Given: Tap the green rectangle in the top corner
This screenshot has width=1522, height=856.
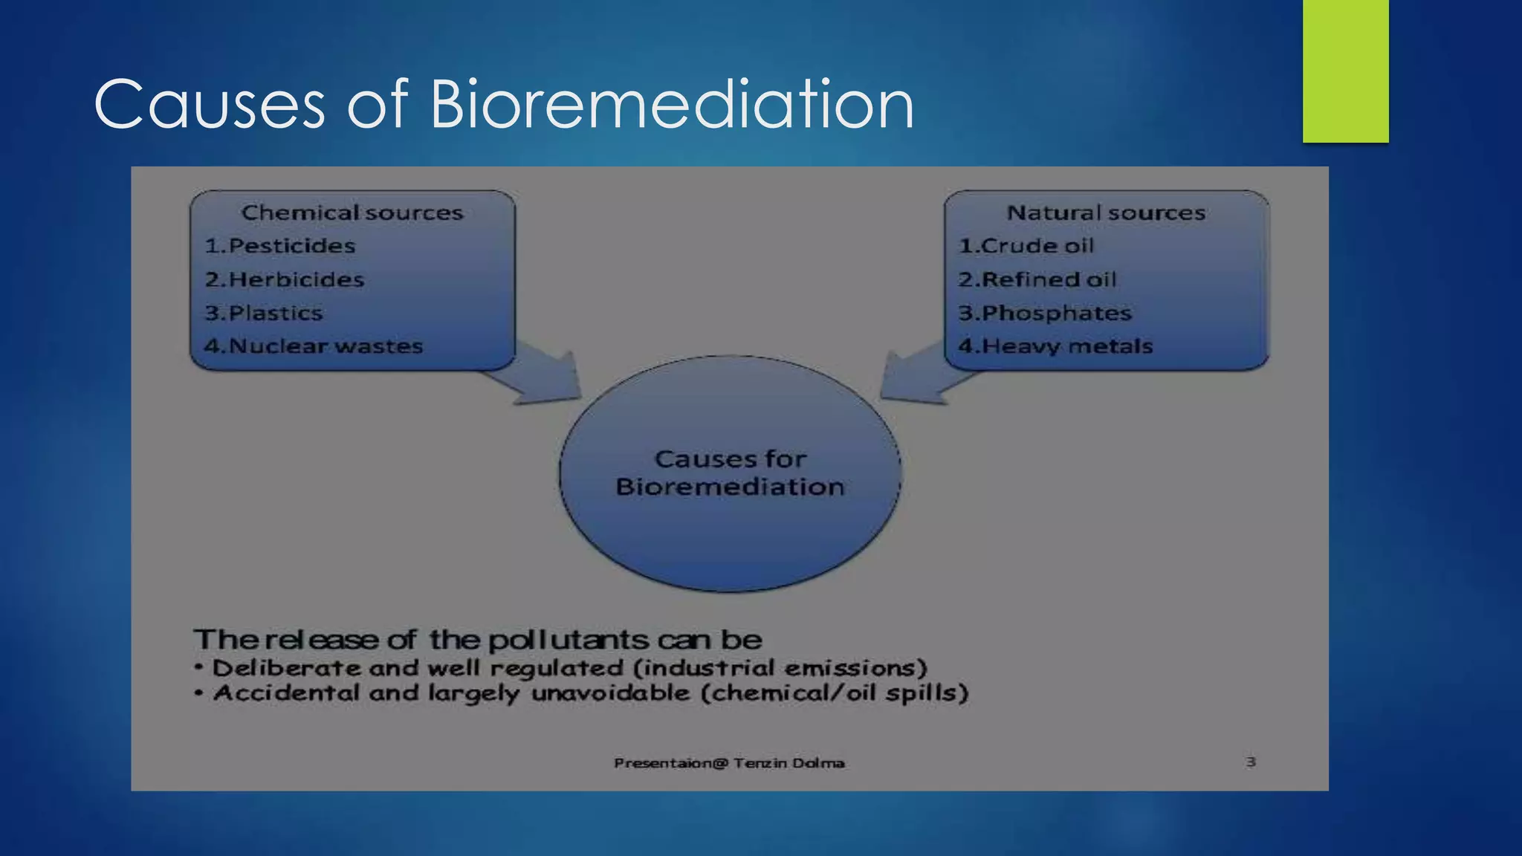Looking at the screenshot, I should [x=1345, y=71].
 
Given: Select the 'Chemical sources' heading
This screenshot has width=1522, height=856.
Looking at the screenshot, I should [x=352, y=213].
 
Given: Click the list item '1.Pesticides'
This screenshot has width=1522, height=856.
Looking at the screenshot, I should [x=280, y=246].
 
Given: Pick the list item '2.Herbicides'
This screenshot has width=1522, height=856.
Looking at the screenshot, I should [x=285, y=280].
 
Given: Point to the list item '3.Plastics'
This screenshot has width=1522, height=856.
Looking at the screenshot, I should [x=264, y=314].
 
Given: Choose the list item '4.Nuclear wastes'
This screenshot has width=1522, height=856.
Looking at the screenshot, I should [x=314, y=346].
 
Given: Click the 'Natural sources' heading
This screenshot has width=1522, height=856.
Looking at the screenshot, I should [x=1106, y=213].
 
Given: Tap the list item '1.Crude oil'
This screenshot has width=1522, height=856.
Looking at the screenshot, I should [x=1026, y=246].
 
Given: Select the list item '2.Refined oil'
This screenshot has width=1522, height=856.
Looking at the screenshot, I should [x=1037, y=280].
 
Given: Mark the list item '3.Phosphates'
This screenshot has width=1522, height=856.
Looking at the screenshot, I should [x=1045, y=314].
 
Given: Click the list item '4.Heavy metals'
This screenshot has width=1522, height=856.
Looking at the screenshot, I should [x=1055, y=346].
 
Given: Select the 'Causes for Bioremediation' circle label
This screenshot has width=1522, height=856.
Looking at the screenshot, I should [x=731, y=473].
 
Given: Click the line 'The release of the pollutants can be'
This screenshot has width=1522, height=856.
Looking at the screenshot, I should [x=478, y=640].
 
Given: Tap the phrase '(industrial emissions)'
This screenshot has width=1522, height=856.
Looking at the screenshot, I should [x=780, y=668].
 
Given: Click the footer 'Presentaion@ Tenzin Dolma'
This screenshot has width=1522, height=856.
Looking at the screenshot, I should [x=729, y=763].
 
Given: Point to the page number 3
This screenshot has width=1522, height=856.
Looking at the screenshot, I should [x=1251, y=762].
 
